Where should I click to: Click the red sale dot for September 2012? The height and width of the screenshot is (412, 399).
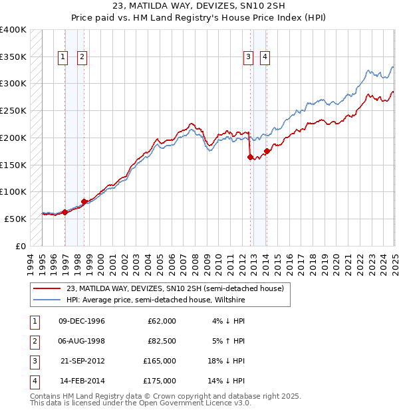pos(251,157)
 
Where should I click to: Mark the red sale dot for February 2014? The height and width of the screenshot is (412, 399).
pos(267,152)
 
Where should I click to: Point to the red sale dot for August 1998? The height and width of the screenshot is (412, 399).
pos(84,201)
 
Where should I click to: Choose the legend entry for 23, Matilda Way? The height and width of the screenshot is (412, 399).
pos(175,288)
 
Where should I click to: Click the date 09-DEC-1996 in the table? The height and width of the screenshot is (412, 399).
pos(82,321)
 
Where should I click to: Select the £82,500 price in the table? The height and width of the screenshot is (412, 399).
pos(161,342)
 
